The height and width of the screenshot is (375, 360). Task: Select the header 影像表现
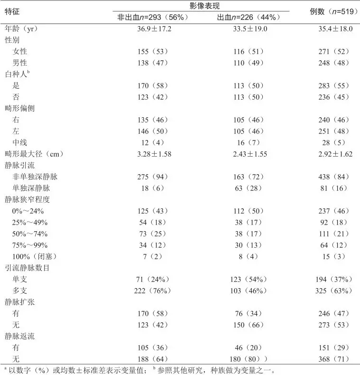tap(200, 6)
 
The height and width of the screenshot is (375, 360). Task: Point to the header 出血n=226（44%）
tap(247, 17)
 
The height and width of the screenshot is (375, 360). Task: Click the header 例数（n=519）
tap(331, 11)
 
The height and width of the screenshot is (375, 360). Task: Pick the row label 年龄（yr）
tap(20, 28)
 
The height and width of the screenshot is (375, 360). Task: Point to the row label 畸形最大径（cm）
tap(34, 154)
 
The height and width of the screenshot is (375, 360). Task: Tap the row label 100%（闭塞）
tap(35, 256)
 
